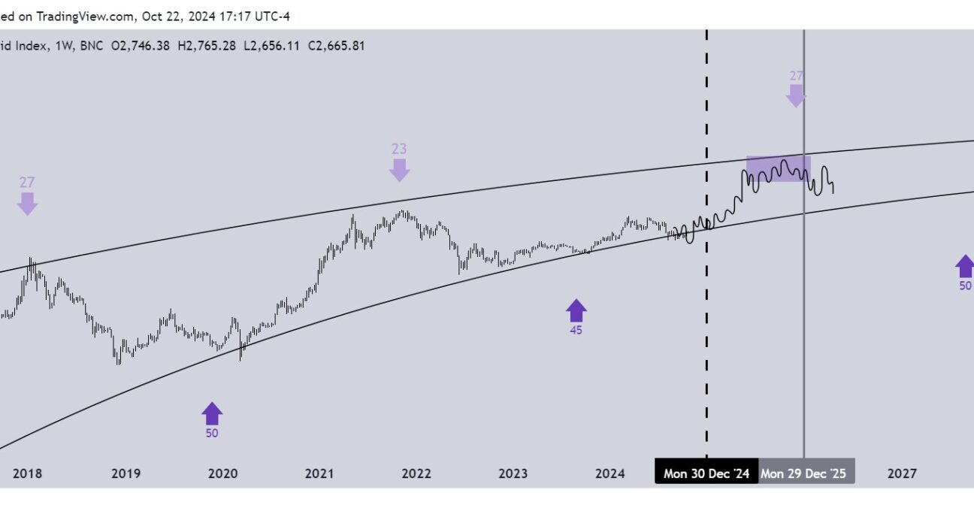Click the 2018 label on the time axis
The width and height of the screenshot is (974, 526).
(28, 473)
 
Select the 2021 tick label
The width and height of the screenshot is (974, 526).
(319, 473)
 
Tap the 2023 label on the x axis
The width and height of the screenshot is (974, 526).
(513, 473)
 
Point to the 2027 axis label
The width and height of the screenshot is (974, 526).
(902, 473)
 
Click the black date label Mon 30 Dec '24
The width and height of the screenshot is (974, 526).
(706, 473)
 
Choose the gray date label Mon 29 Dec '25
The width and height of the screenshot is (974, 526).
(803, 473)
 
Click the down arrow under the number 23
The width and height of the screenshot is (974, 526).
(399, 169)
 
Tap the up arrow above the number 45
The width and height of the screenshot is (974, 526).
(576, 310)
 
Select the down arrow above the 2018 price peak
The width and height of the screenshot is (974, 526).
(28, 203)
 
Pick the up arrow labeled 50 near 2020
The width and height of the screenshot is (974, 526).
(213, 413)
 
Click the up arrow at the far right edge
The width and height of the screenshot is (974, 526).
(964, 265)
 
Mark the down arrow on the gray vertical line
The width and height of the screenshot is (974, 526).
(796, 95)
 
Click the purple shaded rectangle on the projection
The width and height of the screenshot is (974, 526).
(778, 168)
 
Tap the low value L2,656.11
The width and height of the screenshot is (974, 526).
(271, 46)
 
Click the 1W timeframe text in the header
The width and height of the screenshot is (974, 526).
(64, 46)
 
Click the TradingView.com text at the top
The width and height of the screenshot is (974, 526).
(85, 15)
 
